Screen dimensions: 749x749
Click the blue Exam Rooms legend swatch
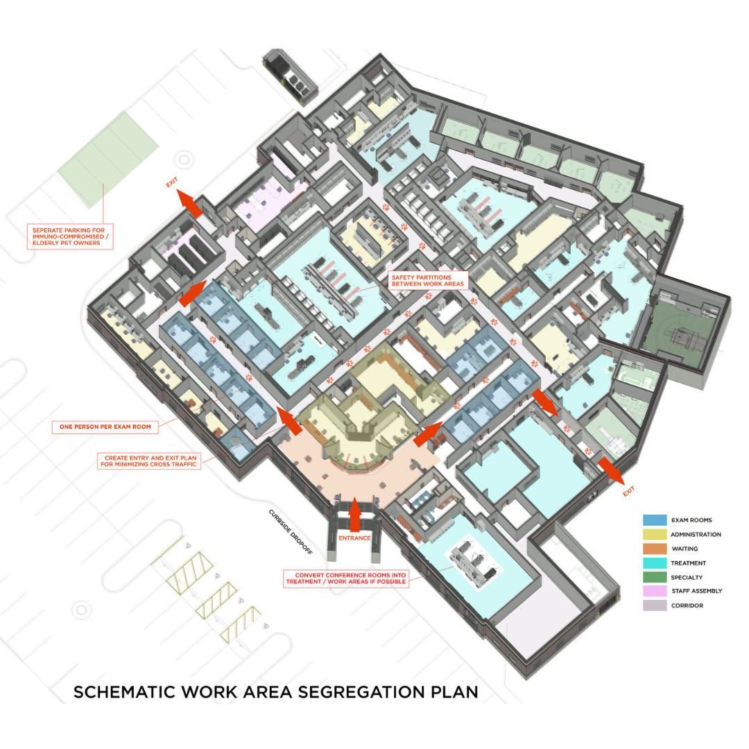(x=655, y=519)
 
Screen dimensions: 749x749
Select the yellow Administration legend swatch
(x=655, y=534)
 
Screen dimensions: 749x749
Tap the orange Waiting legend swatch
(x=655, y=549)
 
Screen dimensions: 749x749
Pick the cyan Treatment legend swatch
(x=655, y=562)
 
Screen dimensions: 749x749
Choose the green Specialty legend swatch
(x=655, y=577)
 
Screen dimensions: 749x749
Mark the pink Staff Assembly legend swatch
(x=655, y=591)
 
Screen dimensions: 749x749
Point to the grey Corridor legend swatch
(x=655, y=605)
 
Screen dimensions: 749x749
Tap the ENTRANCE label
(x=355, y=537)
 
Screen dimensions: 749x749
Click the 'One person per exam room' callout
(x=105, y=428)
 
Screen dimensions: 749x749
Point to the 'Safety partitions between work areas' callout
(x=428, y=279)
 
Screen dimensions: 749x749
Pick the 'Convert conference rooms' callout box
(x=345, y=579)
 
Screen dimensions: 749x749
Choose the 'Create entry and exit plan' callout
(x=149, y=461)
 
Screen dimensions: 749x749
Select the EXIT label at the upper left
(x=172, y=184)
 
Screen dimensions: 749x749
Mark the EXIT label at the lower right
(x=629, y=492)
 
